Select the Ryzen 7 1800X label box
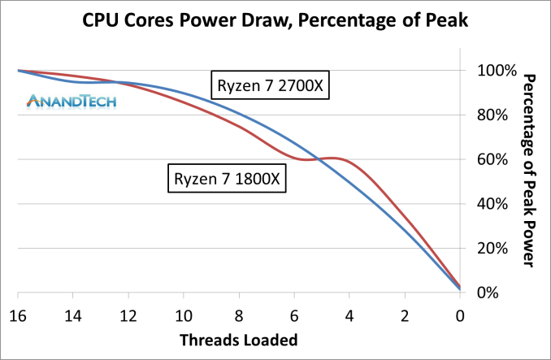(x=228, y=177)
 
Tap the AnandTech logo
(x=72, y=101)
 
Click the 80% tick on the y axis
(x=492, y=115)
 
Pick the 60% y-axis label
(x=492, y=159)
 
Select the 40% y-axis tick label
(x=492, y=204)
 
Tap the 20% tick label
(x=492, y=249)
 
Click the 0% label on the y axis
(x=496, y=293)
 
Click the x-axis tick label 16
(x=18, y=314)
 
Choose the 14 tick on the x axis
(x=73, y=314)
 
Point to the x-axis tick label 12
(x=128, y=314)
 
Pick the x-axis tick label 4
(x=349, y=314)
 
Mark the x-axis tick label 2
(x=405, y=314)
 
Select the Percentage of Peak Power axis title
(x=528, y=170)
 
